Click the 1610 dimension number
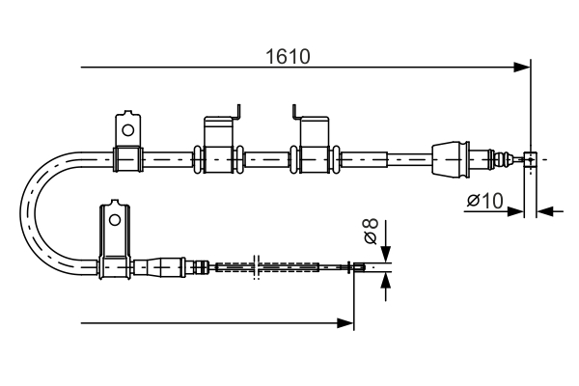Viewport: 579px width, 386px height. pos(288,56)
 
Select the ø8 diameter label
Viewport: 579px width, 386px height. pos(370,233)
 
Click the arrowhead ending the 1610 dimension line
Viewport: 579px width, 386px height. pos(522,68)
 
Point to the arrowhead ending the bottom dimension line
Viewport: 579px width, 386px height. pos(346,323)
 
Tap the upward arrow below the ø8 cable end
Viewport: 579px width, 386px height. pos(385,280)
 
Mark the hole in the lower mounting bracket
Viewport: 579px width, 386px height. pos(114,220)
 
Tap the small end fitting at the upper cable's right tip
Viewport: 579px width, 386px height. pos(529,158)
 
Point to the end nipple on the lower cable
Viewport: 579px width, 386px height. pos(358,267)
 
